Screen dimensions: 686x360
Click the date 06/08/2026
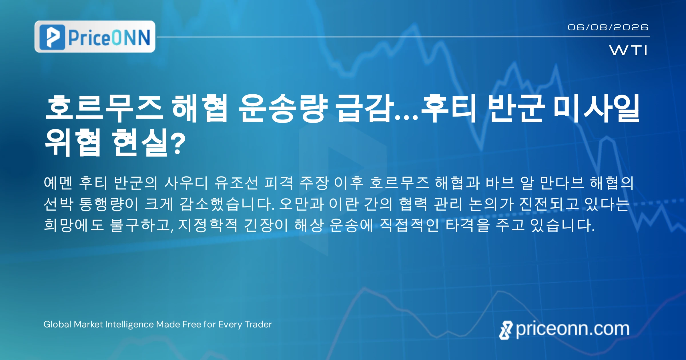[608, 27]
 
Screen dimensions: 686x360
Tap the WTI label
[628, 50]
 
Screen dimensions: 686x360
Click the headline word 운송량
[283, 109]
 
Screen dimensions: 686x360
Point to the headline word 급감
[364, 109]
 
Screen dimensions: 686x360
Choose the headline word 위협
[73, 142]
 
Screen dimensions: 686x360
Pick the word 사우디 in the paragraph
[186, 183]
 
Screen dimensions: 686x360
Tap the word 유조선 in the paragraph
[236, 183]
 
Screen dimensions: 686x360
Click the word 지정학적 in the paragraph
[208, 225]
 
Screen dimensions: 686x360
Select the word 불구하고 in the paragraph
[141, 225]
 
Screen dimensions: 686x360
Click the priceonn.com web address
[573, 329]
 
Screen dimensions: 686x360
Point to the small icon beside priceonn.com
[506, 330]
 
